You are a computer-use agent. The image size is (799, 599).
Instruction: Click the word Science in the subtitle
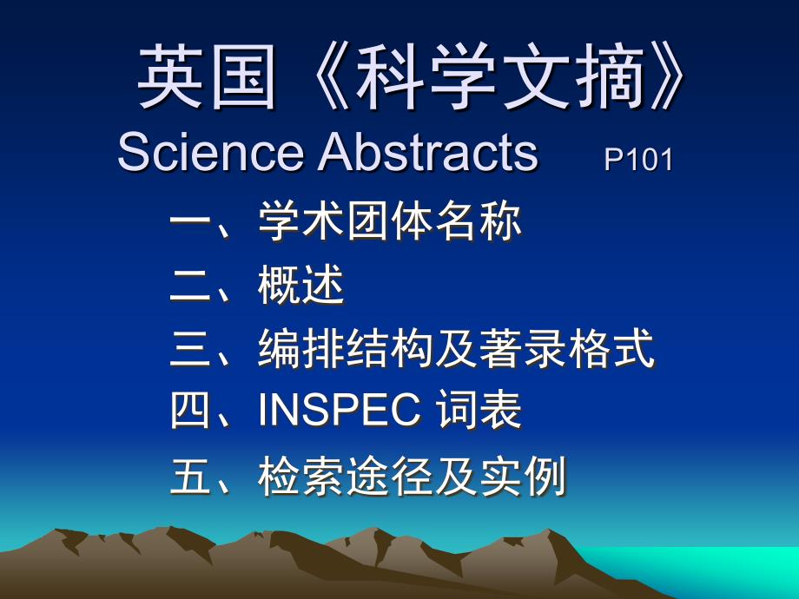[x=210, y=151]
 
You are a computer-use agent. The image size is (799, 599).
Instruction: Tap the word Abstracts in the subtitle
[x=428, y=151]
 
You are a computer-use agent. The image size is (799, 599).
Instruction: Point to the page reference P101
[x=638, y=160]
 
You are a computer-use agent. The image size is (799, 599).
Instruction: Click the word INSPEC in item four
[x=340, y=410]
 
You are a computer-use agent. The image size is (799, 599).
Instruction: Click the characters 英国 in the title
[x=208, y=77]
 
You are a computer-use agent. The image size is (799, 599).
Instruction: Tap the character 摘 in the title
[x=610, y=77]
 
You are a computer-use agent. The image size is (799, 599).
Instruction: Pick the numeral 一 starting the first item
[x=190, y=221]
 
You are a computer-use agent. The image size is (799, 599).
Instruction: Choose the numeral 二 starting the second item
[x=190, y=286]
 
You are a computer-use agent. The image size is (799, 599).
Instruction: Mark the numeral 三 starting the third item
[x=190, y=348]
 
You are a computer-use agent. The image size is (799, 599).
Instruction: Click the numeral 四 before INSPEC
[x=190, y=410]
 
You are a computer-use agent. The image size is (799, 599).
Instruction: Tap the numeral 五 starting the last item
[x=190, y=476]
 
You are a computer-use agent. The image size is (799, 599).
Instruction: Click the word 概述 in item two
[x=301, y=286]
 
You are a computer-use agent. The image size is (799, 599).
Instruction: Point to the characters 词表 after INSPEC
[x=479, y=410]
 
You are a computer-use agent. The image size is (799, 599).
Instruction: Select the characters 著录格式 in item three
[x=566, y=348]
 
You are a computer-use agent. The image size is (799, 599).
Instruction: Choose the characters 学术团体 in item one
[x=346, y=221]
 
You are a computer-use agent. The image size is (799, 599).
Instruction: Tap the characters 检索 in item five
[x=301, y=476]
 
